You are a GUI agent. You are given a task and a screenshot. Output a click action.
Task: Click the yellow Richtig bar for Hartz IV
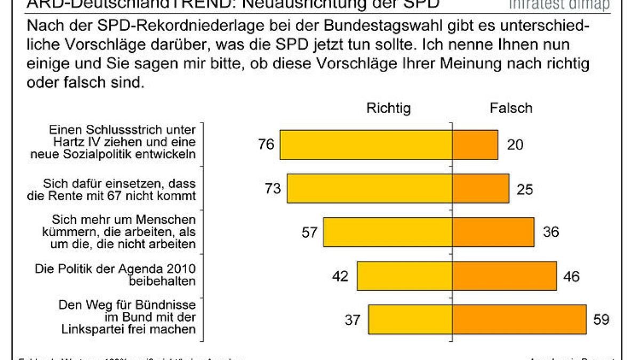366,145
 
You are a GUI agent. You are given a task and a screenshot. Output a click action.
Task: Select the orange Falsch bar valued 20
475,145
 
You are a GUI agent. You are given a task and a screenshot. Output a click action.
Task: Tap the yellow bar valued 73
370,188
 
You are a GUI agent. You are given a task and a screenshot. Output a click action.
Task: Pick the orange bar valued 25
481,188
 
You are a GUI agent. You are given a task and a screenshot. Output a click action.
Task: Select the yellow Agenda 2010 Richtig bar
405,276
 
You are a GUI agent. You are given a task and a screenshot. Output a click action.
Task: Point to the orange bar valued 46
505,276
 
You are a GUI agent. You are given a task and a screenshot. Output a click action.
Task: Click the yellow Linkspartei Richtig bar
411,319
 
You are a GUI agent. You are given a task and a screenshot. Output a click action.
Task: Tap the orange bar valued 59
519,319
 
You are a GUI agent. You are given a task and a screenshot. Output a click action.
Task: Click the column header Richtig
388,108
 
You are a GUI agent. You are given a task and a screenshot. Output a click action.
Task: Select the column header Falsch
510,108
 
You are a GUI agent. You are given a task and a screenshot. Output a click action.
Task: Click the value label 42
340,276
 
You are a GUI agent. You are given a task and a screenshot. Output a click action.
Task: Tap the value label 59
601,319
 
